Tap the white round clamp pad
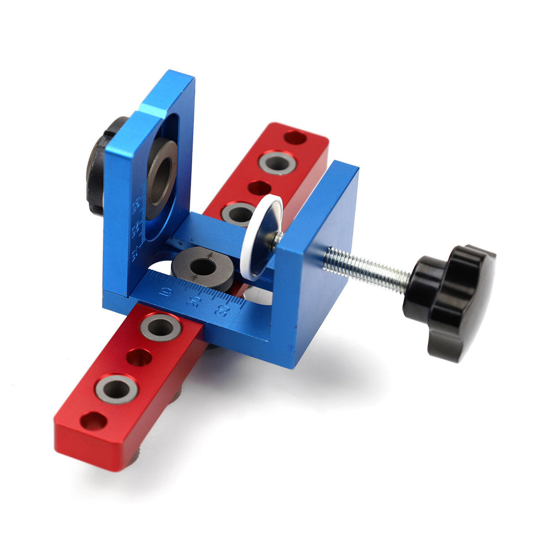[261, 236]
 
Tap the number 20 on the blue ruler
[194, 300]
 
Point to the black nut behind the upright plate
[100, 165]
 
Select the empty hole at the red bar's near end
[93, 420]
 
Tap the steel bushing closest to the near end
[116, 389]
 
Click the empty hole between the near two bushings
[139, 357]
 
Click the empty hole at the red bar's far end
[295, 138]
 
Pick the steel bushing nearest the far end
[276, 162]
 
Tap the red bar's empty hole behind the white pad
[258, 188]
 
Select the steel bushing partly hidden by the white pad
[237, 213]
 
